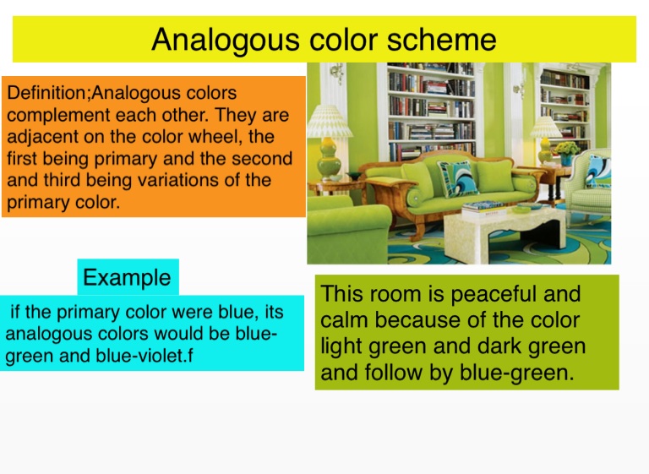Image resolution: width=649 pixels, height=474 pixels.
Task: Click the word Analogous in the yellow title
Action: [225, 41]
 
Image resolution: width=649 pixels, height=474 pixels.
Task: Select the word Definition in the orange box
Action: [47, 92]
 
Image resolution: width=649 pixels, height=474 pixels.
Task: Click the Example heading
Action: [127, 277]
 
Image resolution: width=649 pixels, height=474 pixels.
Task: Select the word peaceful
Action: [494, 295]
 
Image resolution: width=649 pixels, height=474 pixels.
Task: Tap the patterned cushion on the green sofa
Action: [458, 179]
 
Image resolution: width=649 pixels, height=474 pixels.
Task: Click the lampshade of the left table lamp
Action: [329, 122]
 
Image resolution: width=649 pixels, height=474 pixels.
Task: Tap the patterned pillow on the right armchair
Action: [598, 172]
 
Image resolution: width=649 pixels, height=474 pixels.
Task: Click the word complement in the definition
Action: [57, 116]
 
